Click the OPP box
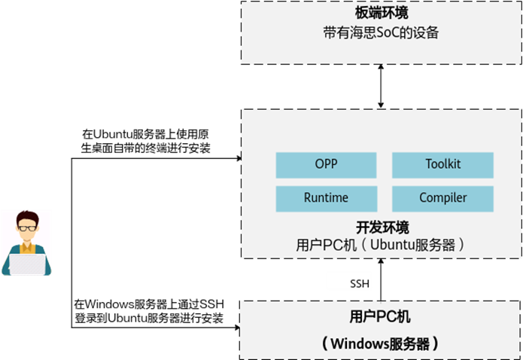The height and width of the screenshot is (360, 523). click(x=326, y=164)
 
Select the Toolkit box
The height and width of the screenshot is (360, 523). click(x=442, y=164)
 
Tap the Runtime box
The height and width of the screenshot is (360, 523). click(x=326, y=198)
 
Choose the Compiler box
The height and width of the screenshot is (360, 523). click(x=442, y=198)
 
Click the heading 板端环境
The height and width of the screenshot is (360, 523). click(x=382, y=14)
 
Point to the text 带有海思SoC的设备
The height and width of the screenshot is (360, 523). click(x=381, y=33)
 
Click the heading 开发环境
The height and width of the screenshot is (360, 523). click(x=382, y=227)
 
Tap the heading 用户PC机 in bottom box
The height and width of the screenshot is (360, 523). click(x=381, y=317)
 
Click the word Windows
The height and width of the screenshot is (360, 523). click(x=360, y=343)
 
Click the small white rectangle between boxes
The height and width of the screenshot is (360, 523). click(x=348, y=281)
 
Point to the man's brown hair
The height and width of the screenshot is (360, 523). click(x=26, y=216)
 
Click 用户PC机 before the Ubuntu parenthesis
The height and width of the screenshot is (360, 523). click(x=324, y=246)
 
